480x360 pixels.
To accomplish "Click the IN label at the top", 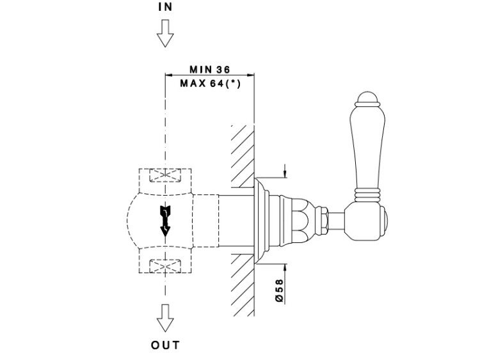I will click(x=165, y=7).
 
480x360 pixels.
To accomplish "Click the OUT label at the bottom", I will click(x=165, y=345).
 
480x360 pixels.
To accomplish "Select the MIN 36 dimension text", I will click(x=209, y=69).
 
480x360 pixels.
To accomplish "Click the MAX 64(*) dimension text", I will click(x=210, y=83).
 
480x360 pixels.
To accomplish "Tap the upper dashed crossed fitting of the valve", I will click(x=165, y=176).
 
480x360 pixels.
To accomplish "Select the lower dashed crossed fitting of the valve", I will click(x=165, y=264).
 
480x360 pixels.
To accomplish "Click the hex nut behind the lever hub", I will click(x=325, y=219).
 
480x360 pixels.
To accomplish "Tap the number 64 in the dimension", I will click(x=212, y=83).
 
